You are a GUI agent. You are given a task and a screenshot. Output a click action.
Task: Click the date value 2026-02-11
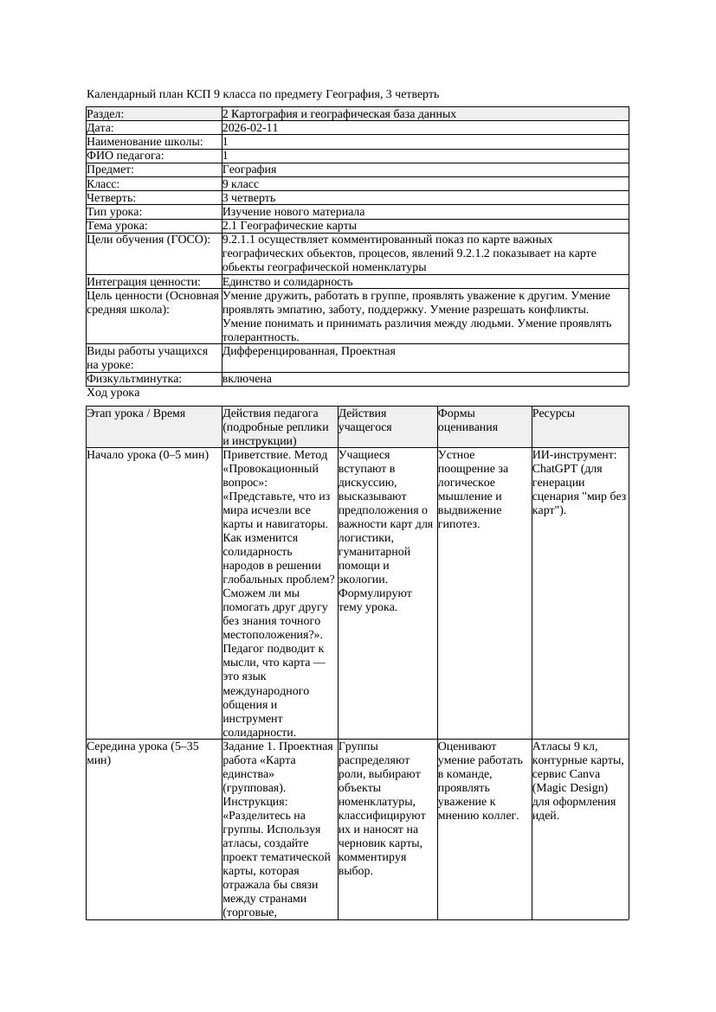250,128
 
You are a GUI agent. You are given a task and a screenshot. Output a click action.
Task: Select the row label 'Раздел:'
106,114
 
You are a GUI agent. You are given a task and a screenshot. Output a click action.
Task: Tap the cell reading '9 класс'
241,184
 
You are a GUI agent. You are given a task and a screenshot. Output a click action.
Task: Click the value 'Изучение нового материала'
293,212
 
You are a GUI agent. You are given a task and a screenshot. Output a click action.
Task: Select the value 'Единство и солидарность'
287,282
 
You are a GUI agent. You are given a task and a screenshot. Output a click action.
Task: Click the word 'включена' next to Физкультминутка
247,379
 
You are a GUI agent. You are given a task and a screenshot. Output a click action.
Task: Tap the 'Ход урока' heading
113,393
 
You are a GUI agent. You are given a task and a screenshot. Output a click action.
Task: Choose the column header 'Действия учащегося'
363,420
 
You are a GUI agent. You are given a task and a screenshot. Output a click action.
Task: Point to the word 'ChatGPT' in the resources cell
556,469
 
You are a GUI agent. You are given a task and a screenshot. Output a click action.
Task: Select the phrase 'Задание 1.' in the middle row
250,746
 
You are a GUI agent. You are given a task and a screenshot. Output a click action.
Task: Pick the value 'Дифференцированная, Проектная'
308,351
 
